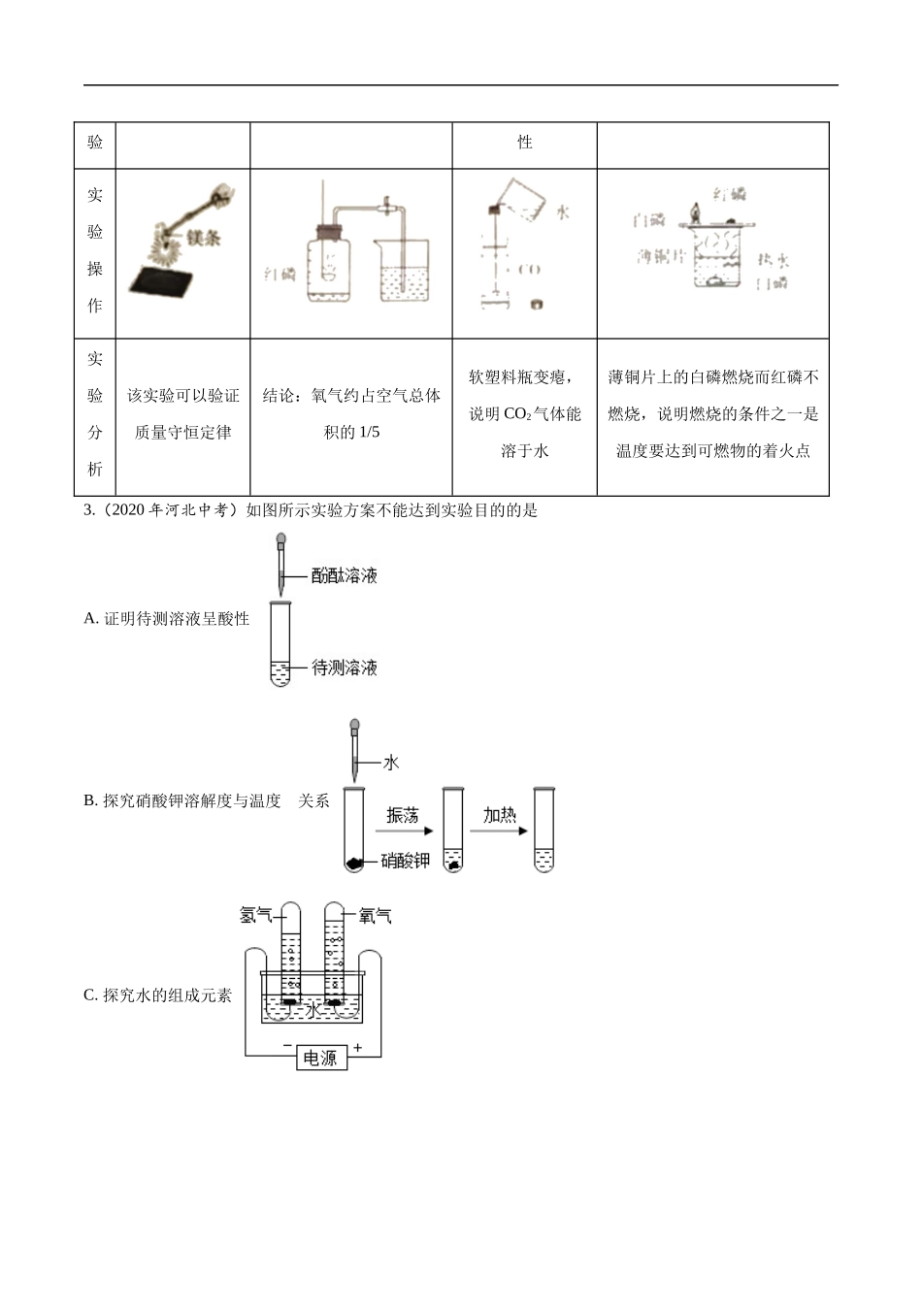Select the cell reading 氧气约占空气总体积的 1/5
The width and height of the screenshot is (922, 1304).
pos(351,414)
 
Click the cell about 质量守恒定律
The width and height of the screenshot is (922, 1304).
pos(182,414)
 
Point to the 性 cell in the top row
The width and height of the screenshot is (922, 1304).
pos(525,143)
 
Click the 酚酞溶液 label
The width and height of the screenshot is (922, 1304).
pos(344,575)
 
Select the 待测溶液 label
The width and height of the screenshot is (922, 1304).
pos(344,668)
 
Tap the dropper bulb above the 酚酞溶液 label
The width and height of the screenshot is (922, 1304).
pos(280,538)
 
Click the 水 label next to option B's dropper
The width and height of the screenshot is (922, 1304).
pos(391,763)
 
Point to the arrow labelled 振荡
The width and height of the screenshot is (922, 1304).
pos(403,831)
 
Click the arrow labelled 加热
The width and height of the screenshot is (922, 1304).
pos(499,831)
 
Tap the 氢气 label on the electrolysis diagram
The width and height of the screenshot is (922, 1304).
pos(256,915)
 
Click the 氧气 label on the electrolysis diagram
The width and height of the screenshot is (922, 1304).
pos(375,915)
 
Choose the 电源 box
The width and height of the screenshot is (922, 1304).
pos(320,1058)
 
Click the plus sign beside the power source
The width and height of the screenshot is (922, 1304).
pos(358,1048)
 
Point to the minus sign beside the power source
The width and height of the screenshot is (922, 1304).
pos(287,1046)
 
